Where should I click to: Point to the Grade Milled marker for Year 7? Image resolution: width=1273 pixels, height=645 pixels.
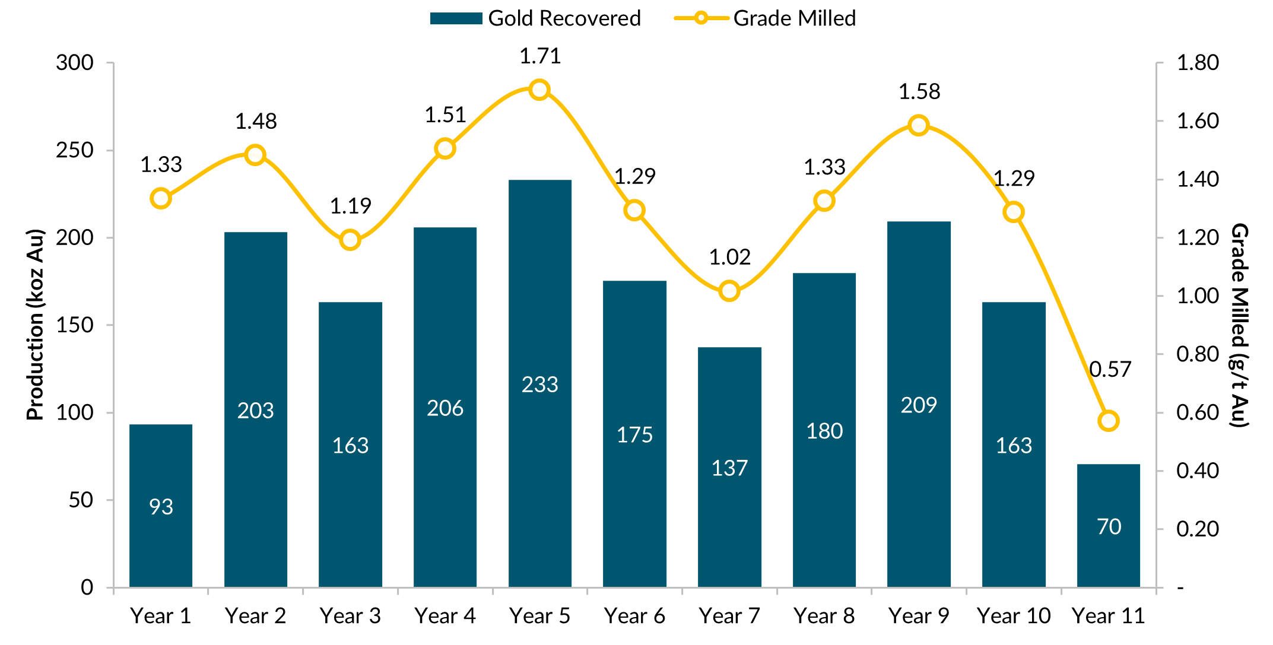coord(729,291)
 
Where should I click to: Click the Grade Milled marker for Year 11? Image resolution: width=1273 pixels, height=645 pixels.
coord(1108,421)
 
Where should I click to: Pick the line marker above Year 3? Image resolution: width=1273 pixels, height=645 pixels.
coord(350,240)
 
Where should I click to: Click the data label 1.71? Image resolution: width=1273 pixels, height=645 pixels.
coord(539,56)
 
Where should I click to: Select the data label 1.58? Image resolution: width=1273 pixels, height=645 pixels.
coord(919,92)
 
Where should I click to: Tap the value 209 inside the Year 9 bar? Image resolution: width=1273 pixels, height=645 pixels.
coord(919,405)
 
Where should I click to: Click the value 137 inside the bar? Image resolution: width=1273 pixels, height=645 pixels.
coord(729,468)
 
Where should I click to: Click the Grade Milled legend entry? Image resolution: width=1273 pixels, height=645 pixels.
coord(766,18)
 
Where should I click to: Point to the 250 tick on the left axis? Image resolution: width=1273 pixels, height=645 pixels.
coord(75,150)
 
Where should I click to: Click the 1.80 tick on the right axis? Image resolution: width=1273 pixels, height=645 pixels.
coord(1197,62)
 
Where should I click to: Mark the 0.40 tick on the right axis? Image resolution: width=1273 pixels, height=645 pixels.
coord(1197,471)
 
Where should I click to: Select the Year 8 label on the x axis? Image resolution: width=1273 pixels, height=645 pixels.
coord(824,616)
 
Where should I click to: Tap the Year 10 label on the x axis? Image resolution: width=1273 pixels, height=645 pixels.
coord(1013,616)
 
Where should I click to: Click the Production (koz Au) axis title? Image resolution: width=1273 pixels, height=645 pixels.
coord(36,325)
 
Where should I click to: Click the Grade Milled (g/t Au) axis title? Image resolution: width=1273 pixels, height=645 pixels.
coord(1240,325)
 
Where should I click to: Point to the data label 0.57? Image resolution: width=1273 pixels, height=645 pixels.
coord(1110,370)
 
